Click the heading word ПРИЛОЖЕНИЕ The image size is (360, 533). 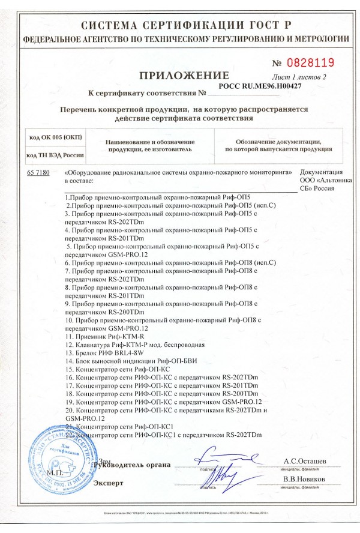184,76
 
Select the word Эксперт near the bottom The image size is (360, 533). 109,483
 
